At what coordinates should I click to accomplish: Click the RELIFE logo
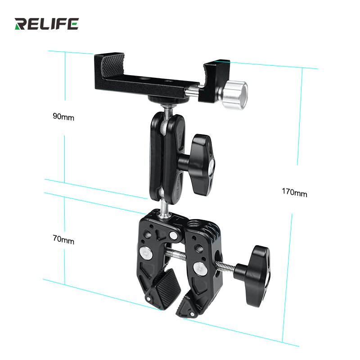pyautogui.click(x=46, y=24)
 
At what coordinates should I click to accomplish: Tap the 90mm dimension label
pyautogui.click(x=63, y=117)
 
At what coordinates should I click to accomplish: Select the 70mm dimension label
pyautogui.click(x=63, y=241)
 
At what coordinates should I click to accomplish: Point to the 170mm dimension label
pyautogui.click(x=295, y=193)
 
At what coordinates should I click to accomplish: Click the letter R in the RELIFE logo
pyautogui.click(x=21, y=24)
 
